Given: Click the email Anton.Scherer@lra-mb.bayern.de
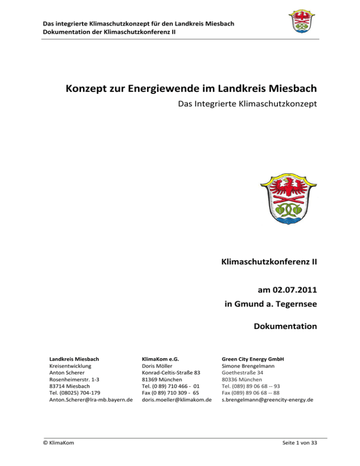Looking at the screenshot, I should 91,399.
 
